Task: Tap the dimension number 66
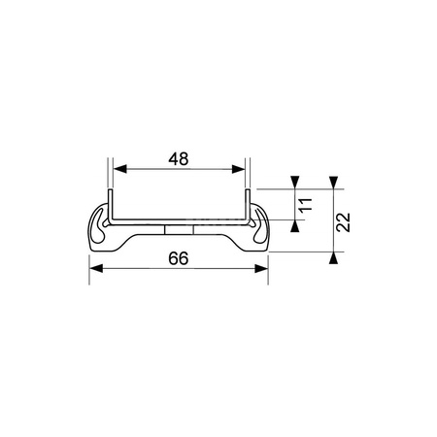point(179,259)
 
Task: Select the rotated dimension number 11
point(304,205)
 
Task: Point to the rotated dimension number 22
point(343,222)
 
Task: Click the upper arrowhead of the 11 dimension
point(294,184)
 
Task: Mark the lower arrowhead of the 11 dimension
point(294,226)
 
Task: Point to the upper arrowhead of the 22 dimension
point(332,184)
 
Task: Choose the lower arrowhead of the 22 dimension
point(332,255)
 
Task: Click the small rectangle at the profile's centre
point(180,230)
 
